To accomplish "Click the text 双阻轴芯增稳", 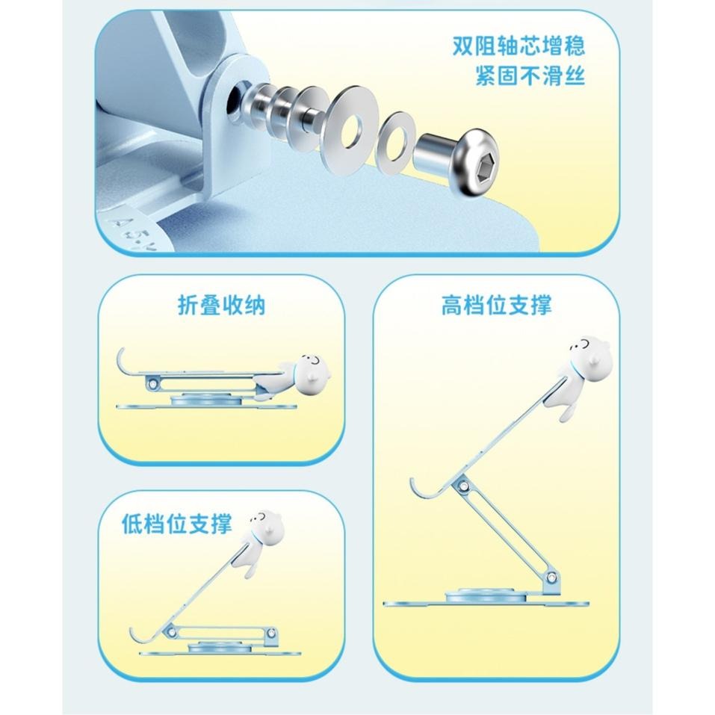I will [519, 46].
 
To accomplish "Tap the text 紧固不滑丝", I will [530, 76].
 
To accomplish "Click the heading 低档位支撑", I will [176, 524].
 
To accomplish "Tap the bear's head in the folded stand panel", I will [312, 367].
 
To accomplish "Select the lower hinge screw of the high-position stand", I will [551, 578].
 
